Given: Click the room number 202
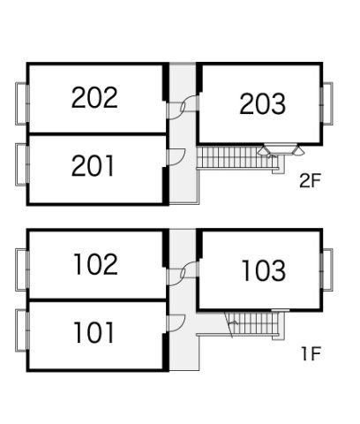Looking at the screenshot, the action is point(94,97).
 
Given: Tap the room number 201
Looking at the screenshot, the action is point(93,166).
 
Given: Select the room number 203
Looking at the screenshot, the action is point(262,103).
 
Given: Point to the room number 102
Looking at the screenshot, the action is point(96,264).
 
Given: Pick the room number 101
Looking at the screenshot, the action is point(94,332).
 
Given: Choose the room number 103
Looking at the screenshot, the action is point(264,270).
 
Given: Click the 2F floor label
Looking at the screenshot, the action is point(310,180).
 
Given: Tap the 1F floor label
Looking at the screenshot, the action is point(311,353).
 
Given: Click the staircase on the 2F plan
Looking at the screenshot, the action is point(236,157).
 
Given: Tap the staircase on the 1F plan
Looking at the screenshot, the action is point(254,323).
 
